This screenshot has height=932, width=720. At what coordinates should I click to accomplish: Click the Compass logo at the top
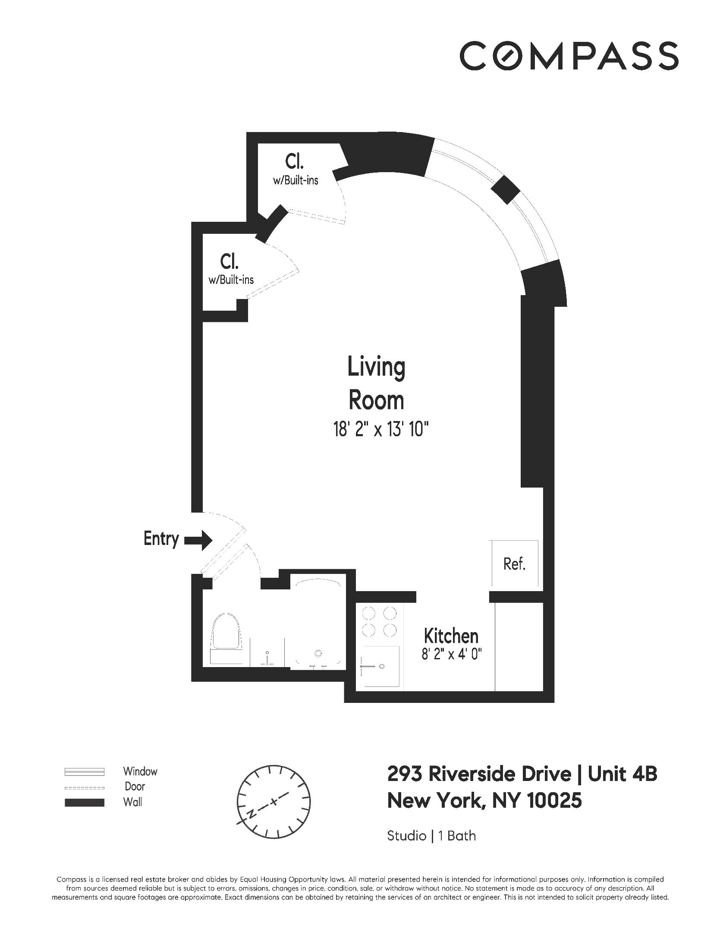click(x=569, y=56)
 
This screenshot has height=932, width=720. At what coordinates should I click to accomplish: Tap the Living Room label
click(x=376, y=384)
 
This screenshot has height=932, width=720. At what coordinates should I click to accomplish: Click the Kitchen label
click(x=451, y=636)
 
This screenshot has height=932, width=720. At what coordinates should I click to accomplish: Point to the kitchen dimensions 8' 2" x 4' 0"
click(x=451, y=655)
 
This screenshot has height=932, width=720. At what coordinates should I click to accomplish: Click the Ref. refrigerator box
click(x=514, y=564)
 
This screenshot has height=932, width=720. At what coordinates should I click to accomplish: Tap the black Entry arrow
click(x=198, y=540)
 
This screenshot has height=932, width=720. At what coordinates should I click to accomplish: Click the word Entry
click(x=161, y=539)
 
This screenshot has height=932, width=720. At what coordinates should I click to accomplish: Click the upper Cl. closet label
click(x=295, y=161)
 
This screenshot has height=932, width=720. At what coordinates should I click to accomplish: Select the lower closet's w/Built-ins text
click(x=231, y=280)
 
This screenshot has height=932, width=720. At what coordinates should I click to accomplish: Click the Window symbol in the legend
click(x=84, y=771)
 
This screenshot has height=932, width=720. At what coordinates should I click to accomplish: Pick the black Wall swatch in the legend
click(x=84, y=803)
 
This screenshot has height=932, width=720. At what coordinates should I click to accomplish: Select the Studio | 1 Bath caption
click(x=431, y=836)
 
